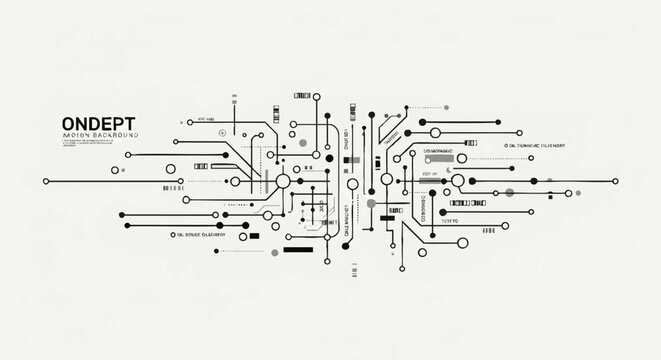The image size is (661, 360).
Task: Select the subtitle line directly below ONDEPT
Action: click(x=100, y=134)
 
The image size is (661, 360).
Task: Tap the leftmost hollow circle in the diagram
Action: click(x=171, y=168)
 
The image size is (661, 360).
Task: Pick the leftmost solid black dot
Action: click(x=47, y=181)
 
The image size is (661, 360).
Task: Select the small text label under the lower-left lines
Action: click(x=201, y=235)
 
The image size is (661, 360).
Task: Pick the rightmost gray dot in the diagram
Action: click(x=509, y=192)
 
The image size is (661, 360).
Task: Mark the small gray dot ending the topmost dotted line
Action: click(x=303, y=144)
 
